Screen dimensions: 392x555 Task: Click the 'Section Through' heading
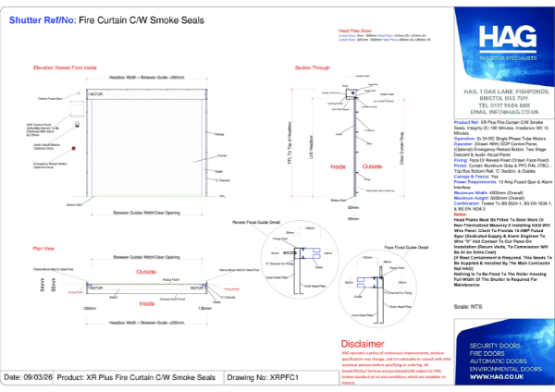click(x=312, y=68)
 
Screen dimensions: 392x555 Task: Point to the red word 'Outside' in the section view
click(x=345, y=166)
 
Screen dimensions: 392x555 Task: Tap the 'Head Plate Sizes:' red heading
click(x=344, y=30)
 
